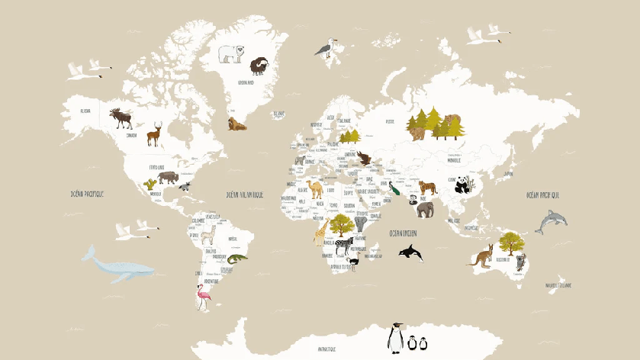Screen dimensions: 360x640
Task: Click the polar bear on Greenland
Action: (231, 53)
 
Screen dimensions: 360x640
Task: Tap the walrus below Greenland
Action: (236, 124)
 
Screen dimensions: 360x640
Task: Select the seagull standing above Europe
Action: (326, 49)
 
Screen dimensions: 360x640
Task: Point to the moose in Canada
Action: (121, 118)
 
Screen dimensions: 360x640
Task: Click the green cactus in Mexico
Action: (150, 184)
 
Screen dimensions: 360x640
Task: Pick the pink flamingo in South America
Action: (202, 296)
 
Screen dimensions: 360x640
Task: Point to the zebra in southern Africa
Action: (344, 244)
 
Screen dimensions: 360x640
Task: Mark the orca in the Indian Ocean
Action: (411, 252)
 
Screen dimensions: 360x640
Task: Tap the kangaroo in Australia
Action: (482, 256)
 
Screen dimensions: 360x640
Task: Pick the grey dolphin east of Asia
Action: (550, 222)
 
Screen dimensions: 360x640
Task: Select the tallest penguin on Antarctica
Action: (395, 337)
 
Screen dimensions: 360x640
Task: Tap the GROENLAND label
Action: (246, 82)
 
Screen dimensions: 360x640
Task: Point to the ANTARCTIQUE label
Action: (327, 349)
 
